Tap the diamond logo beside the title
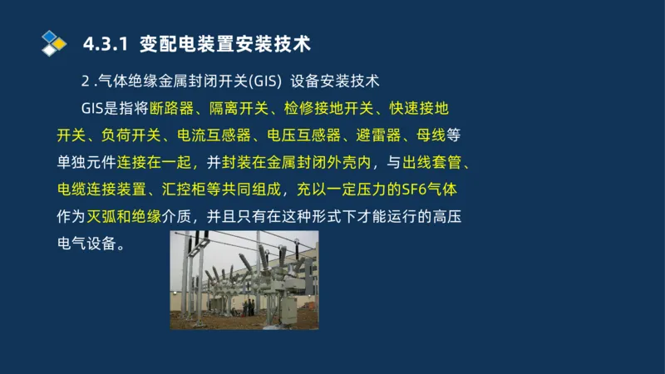[54, 42]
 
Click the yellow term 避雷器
[379, 135]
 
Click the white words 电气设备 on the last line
[82, 244]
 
